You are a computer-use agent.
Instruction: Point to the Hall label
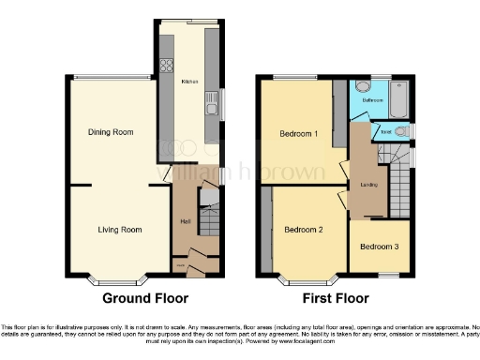[x=186, y=221]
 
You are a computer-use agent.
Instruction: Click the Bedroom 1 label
[x=299, y=134]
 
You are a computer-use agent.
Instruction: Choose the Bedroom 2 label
[x=304, y=229]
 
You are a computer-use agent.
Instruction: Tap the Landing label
[x=368, y=185]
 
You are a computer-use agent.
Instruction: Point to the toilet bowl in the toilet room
[x=400, y=132]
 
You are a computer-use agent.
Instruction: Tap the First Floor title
[x=334, y=299]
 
